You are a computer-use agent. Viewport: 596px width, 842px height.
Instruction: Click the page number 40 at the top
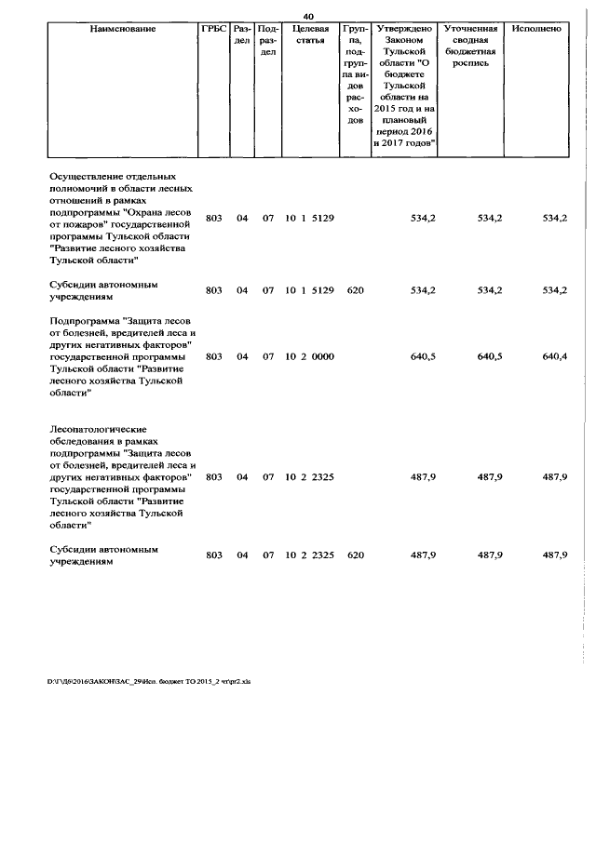pyautogui.click(x=308, y=16)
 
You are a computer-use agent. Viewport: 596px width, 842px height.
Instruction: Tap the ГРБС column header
pyautogui.click(x=213, y=30)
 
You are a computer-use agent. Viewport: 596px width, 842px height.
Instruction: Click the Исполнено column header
pyautogui.click(x=536, y=30)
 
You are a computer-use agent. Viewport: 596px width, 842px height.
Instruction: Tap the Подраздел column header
pyautogui.click(x=267, y=41)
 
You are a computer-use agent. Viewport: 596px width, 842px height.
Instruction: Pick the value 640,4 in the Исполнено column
pyautogui.click(x=554, y=356)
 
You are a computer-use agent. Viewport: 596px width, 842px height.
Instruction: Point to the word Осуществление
pyautogui.click(x=92, y=175)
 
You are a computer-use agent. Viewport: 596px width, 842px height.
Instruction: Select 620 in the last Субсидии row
pyautogui.click(x=354, y=555)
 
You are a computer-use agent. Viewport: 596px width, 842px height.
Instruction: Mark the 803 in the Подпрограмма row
pyautogui.click(x=213, y=356)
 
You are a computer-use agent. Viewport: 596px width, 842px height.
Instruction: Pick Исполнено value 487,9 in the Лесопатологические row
pyautogui.click(x=554, y=476)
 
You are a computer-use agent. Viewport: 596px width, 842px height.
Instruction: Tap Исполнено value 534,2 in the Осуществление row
pyautogui.click(x=554, y=218)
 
